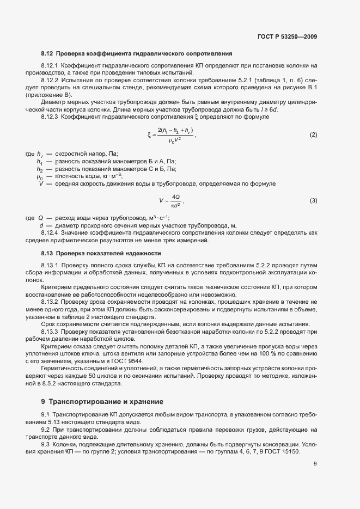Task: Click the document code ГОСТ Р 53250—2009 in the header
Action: [287, 37]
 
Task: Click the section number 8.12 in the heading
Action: [47, 54]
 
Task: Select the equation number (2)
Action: [313, 134]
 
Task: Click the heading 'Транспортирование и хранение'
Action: [106, 402]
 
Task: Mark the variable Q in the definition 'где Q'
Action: [41, 217]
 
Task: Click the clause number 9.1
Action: [45, 415]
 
